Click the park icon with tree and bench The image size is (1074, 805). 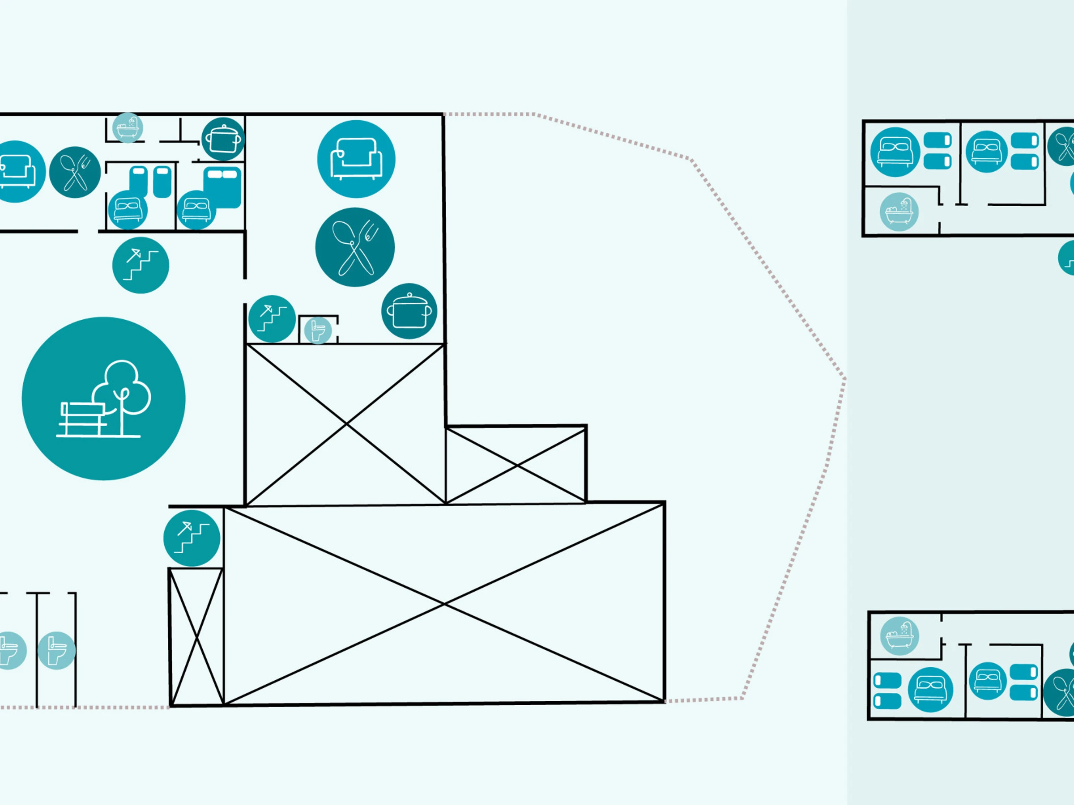point(103,398)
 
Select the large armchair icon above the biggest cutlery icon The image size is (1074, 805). point(356,159)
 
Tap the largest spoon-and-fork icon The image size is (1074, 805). point(355,247)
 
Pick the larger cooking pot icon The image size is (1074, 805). point(409,311)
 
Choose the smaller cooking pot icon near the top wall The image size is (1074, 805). point(223,139)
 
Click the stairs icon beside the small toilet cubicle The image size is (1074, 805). point(272,319)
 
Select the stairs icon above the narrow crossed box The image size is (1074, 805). point(192,538)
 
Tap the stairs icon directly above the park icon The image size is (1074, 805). point(141,265)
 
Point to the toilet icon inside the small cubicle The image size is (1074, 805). point(318,330)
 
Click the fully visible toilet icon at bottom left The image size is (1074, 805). point(56,650)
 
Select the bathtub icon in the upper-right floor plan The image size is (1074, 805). point(899,212)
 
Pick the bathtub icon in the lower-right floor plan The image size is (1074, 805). point(899,636)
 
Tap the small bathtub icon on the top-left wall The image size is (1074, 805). point(128,128)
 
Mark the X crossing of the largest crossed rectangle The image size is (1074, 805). point(444,604)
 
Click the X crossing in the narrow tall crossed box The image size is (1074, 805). point(196,637)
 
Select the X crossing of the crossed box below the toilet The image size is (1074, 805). point(346,424)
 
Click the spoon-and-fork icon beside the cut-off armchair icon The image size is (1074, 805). point(75,172)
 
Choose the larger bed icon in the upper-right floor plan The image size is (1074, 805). point(895,152)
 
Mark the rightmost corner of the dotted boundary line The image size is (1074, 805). point(845,379)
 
